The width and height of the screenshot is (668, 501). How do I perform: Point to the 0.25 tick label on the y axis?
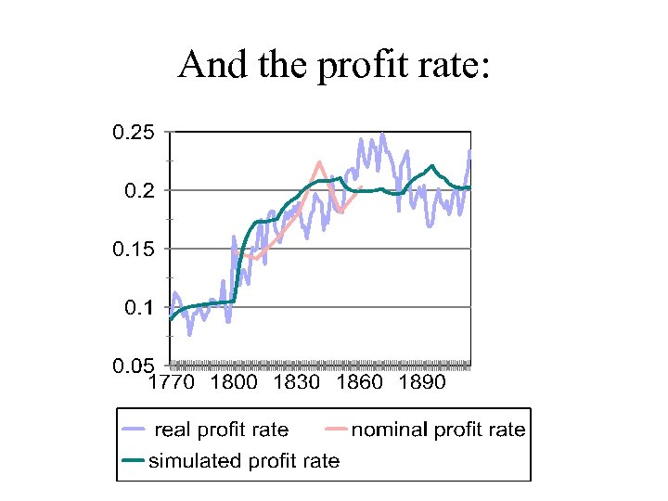[x=134, y=133]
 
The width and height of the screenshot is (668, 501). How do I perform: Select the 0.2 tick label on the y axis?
[x=141, y=191]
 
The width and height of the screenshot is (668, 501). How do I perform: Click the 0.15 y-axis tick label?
[x=134, y=249]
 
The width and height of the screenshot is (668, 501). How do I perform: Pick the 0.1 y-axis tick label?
[x=141, y=307]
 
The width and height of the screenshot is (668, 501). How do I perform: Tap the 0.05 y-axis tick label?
[x=134, y=366]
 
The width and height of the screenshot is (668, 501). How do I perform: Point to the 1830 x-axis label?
[x=296, y=382]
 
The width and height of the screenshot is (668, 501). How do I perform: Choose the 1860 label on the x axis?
[x=359, y=382]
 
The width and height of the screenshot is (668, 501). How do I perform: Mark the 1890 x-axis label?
[x=422, y=382]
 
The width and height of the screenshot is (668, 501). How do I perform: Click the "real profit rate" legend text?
[x=221, y=430]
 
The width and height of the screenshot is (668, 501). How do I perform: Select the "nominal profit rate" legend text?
[x=438, y=430]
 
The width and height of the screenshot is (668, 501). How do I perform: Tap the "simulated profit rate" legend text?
[x=245, y=460]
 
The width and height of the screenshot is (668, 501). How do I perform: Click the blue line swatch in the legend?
[x=135, y=430]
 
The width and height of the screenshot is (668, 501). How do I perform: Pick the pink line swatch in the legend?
[x=337, y=430]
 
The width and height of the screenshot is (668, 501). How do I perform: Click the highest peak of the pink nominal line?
[x=319, y=162]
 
